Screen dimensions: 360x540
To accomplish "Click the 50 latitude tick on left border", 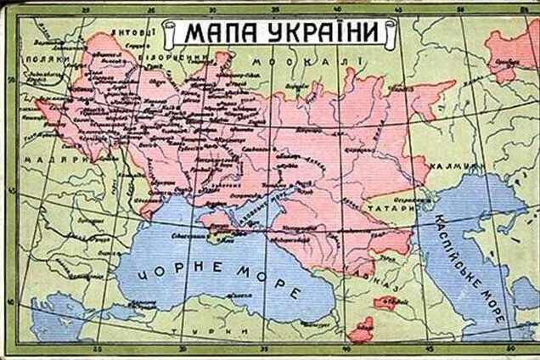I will pos(8,78).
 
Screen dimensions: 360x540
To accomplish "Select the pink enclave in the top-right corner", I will pos(515,51).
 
